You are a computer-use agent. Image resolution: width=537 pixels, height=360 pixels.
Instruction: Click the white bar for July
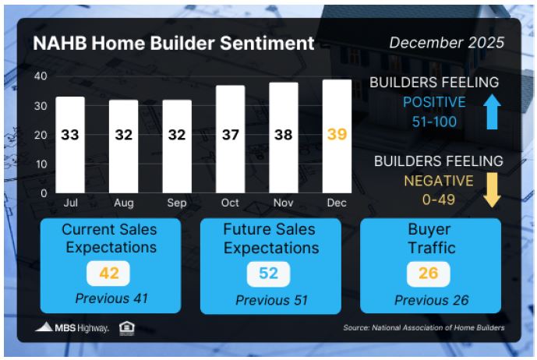coord(70,145)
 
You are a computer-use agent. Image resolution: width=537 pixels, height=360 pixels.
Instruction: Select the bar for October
coord(230,139)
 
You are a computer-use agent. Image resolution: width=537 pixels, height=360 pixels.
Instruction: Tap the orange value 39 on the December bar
coord(337,134)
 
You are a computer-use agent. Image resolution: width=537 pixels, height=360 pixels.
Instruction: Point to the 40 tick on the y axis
coord(41,76)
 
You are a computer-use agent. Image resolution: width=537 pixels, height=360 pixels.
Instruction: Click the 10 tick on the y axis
coord(41,164)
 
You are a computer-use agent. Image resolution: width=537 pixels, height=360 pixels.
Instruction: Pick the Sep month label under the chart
coord(177,203)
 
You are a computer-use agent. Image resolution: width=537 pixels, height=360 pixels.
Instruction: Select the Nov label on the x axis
coord(283,203)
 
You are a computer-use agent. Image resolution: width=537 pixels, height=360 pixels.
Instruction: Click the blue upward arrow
coord(492,111)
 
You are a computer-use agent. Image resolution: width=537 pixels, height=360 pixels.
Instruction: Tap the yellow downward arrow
coord(492,190)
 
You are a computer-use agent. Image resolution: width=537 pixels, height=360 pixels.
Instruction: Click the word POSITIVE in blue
coord(434,102)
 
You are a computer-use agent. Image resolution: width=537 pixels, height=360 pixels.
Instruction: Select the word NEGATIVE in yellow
coord(439,181)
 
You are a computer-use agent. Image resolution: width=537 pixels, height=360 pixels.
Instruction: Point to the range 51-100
coord(434,122)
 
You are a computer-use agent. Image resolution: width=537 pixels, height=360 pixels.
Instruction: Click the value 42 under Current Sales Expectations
coord(109,274)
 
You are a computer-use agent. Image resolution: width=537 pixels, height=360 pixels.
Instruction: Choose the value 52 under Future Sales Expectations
coord(268,274)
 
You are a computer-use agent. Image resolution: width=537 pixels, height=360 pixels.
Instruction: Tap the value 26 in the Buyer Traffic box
coord(429,274)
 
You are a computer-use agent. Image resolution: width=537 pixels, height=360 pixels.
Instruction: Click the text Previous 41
coord(111,298)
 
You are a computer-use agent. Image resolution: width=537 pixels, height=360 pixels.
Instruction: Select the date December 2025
coord(447,43)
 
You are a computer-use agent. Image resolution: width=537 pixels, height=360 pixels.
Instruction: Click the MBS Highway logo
coord(72,327)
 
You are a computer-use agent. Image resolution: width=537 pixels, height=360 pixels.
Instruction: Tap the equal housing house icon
coord(127,328)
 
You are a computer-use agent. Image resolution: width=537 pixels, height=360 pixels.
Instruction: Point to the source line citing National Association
coord(424,328)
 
